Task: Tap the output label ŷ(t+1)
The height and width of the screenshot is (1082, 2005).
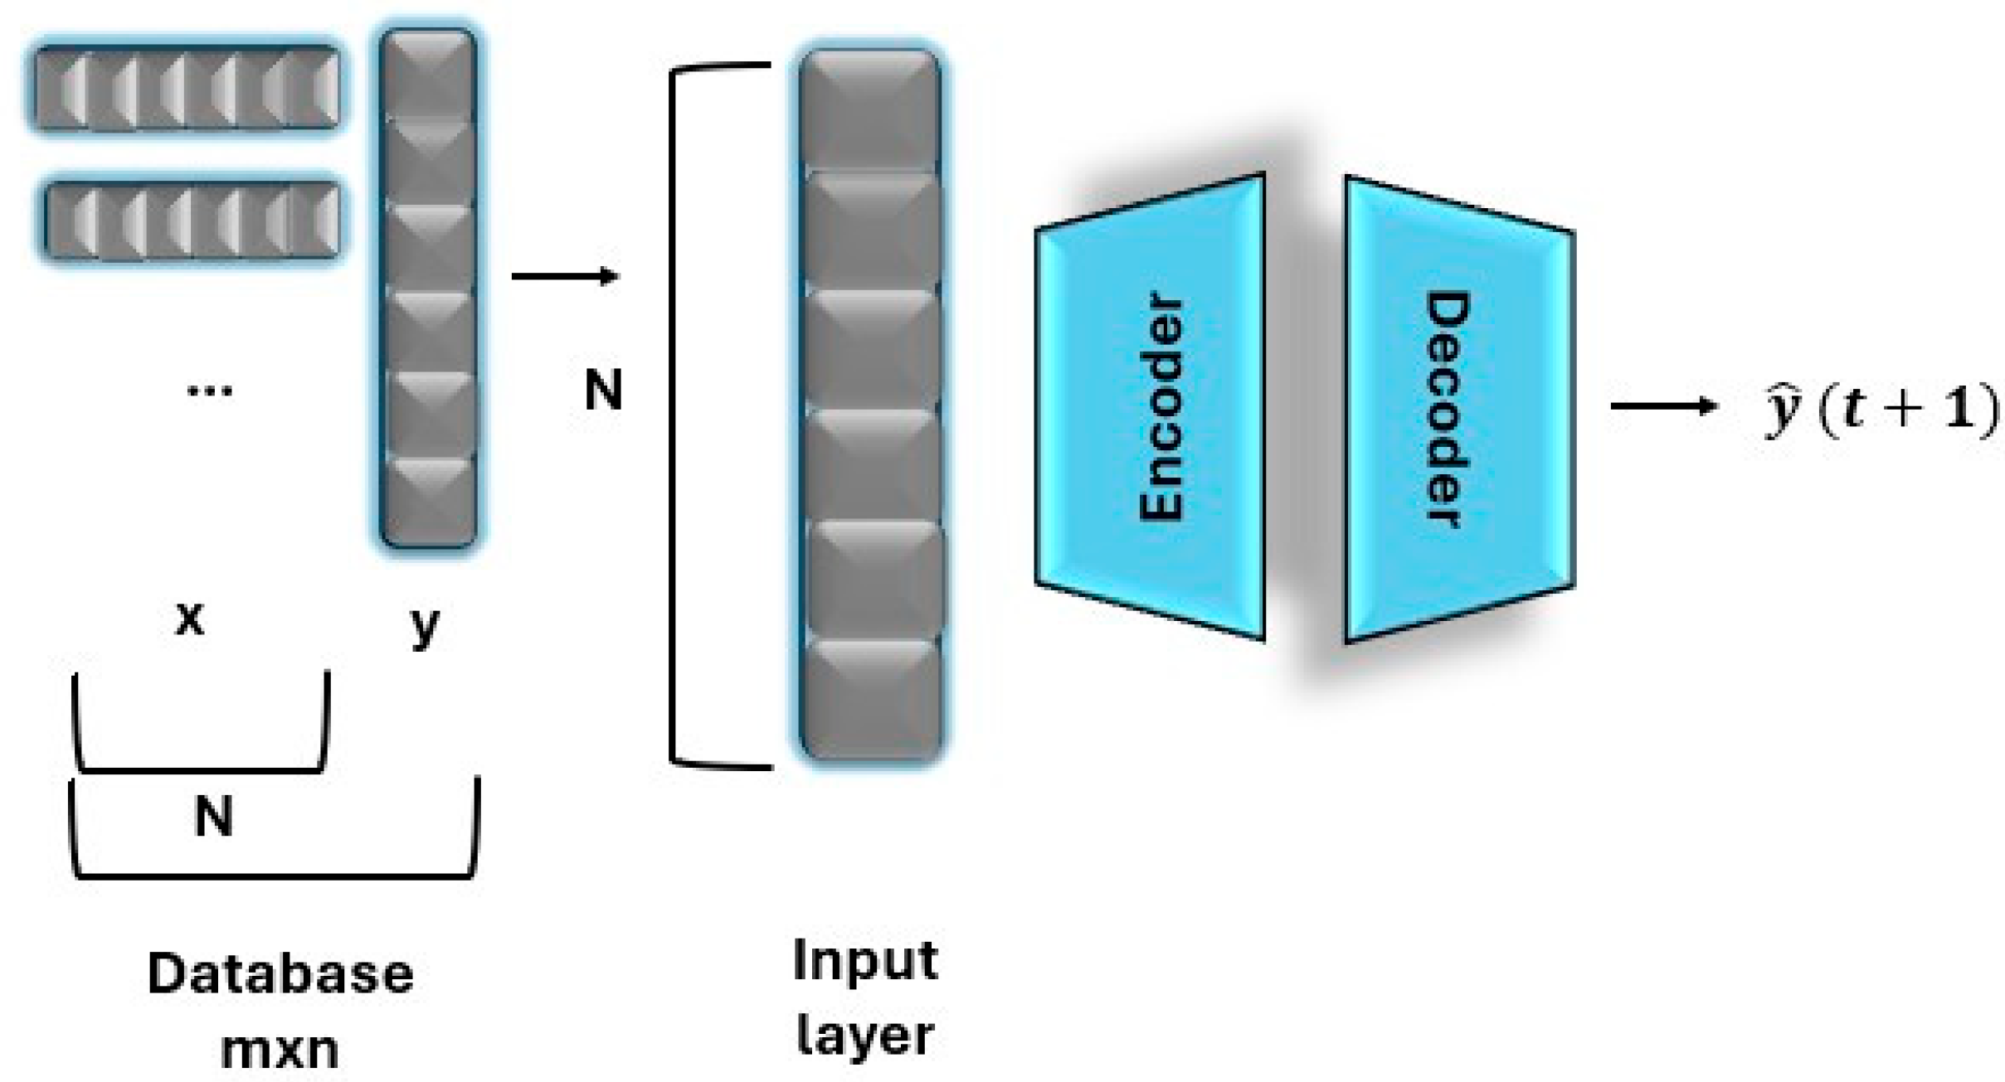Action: point(1879,410)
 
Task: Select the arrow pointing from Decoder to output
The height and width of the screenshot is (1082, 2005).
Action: point(1662,406)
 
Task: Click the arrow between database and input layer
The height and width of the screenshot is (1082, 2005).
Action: point(565,275)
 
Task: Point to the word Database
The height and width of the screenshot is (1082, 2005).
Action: point(280,973)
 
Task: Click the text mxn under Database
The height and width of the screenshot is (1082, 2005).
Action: point(280,1049)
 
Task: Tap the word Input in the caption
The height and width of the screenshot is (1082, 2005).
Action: point(865,962)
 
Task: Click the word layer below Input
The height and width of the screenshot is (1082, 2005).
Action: point(865,1036)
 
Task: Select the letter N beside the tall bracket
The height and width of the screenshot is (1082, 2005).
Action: point(603,390)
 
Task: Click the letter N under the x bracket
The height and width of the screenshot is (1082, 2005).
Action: point(213,816)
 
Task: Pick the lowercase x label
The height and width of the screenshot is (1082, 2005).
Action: point(190,618)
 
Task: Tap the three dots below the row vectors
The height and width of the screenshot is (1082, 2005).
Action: point(210,391)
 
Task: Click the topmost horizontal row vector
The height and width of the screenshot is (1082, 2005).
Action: point(187,87)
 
